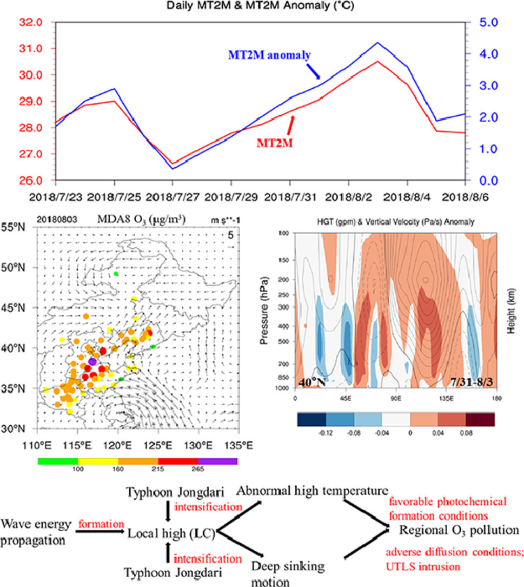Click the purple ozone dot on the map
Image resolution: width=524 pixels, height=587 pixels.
point(92,361)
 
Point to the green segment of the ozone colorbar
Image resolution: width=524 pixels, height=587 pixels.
point(58,461)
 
